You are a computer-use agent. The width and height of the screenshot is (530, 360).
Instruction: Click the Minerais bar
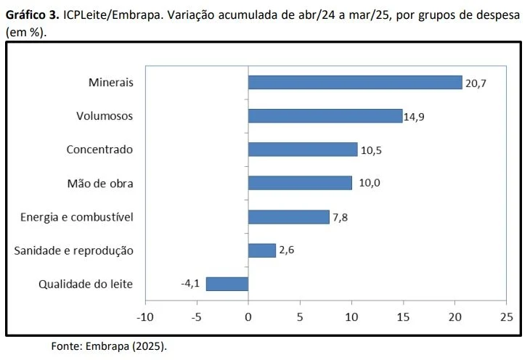coord(355,82)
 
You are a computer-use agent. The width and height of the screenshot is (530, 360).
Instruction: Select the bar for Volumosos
coord(325,116)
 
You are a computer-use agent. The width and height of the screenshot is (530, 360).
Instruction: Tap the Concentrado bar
coord(303,150)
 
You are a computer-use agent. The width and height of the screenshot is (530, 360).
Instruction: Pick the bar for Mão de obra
coord(300,183)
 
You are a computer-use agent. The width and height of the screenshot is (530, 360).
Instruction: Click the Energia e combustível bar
coord(289,216)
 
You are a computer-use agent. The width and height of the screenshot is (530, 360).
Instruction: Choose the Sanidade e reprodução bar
coord(262,250)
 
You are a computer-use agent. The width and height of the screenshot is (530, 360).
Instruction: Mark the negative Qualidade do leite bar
coord(227,284)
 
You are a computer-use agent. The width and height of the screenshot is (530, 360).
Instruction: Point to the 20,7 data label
coord(476,83)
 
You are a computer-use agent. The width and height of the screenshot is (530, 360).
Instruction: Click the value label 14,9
coord(415,117)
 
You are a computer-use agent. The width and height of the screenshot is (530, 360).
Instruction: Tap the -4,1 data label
coord(190,284)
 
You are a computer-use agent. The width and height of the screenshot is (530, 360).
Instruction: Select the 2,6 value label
coord(287,250)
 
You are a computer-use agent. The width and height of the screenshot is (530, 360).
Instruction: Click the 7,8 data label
coord(341,217)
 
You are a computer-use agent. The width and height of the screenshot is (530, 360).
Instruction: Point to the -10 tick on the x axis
coord(145,317)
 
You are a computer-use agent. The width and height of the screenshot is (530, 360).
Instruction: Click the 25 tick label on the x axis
coord(506,317)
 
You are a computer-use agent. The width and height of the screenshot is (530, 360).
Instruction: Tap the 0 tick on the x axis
coord(248,317)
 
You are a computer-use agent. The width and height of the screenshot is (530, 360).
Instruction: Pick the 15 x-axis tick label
coord(403,317)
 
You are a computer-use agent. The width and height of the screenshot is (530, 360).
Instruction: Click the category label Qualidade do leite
coord(86,284)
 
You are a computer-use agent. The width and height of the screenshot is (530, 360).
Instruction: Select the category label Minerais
coord(110,83)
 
